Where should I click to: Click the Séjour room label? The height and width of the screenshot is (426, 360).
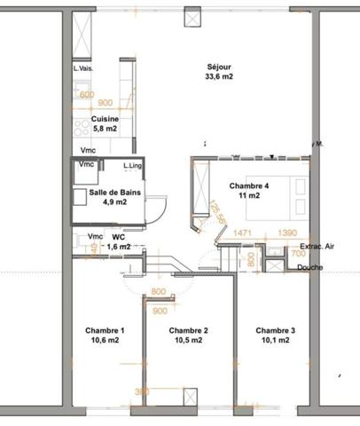tap(219, 67)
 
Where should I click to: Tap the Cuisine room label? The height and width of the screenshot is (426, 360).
tap(105, 118)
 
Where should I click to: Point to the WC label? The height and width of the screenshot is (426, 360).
tap(117, 237)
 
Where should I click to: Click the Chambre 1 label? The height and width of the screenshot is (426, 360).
tap(105, 331)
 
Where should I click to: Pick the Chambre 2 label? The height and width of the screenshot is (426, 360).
tap(188, 331)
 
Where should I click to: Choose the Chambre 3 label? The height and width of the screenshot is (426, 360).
tap(275, 331)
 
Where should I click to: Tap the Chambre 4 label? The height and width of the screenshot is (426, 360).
tap(248, 185)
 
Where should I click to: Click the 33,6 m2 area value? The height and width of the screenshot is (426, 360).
tap(219, 77)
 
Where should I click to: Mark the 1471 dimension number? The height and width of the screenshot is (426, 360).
tap(244, 233)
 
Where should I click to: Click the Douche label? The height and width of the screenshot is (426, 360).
tap(309, 267)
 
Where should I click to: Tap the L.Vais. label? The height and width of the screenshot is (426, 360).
tap(83, 68)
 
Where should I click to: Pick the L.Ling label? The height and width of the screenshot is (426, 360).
tap(133, 166)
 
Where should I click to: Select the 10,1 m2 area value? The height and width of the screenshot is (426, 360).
tap(275, 341)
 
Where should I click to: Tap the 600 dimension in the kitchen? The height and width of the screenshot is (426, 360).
tap(87, 94)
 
